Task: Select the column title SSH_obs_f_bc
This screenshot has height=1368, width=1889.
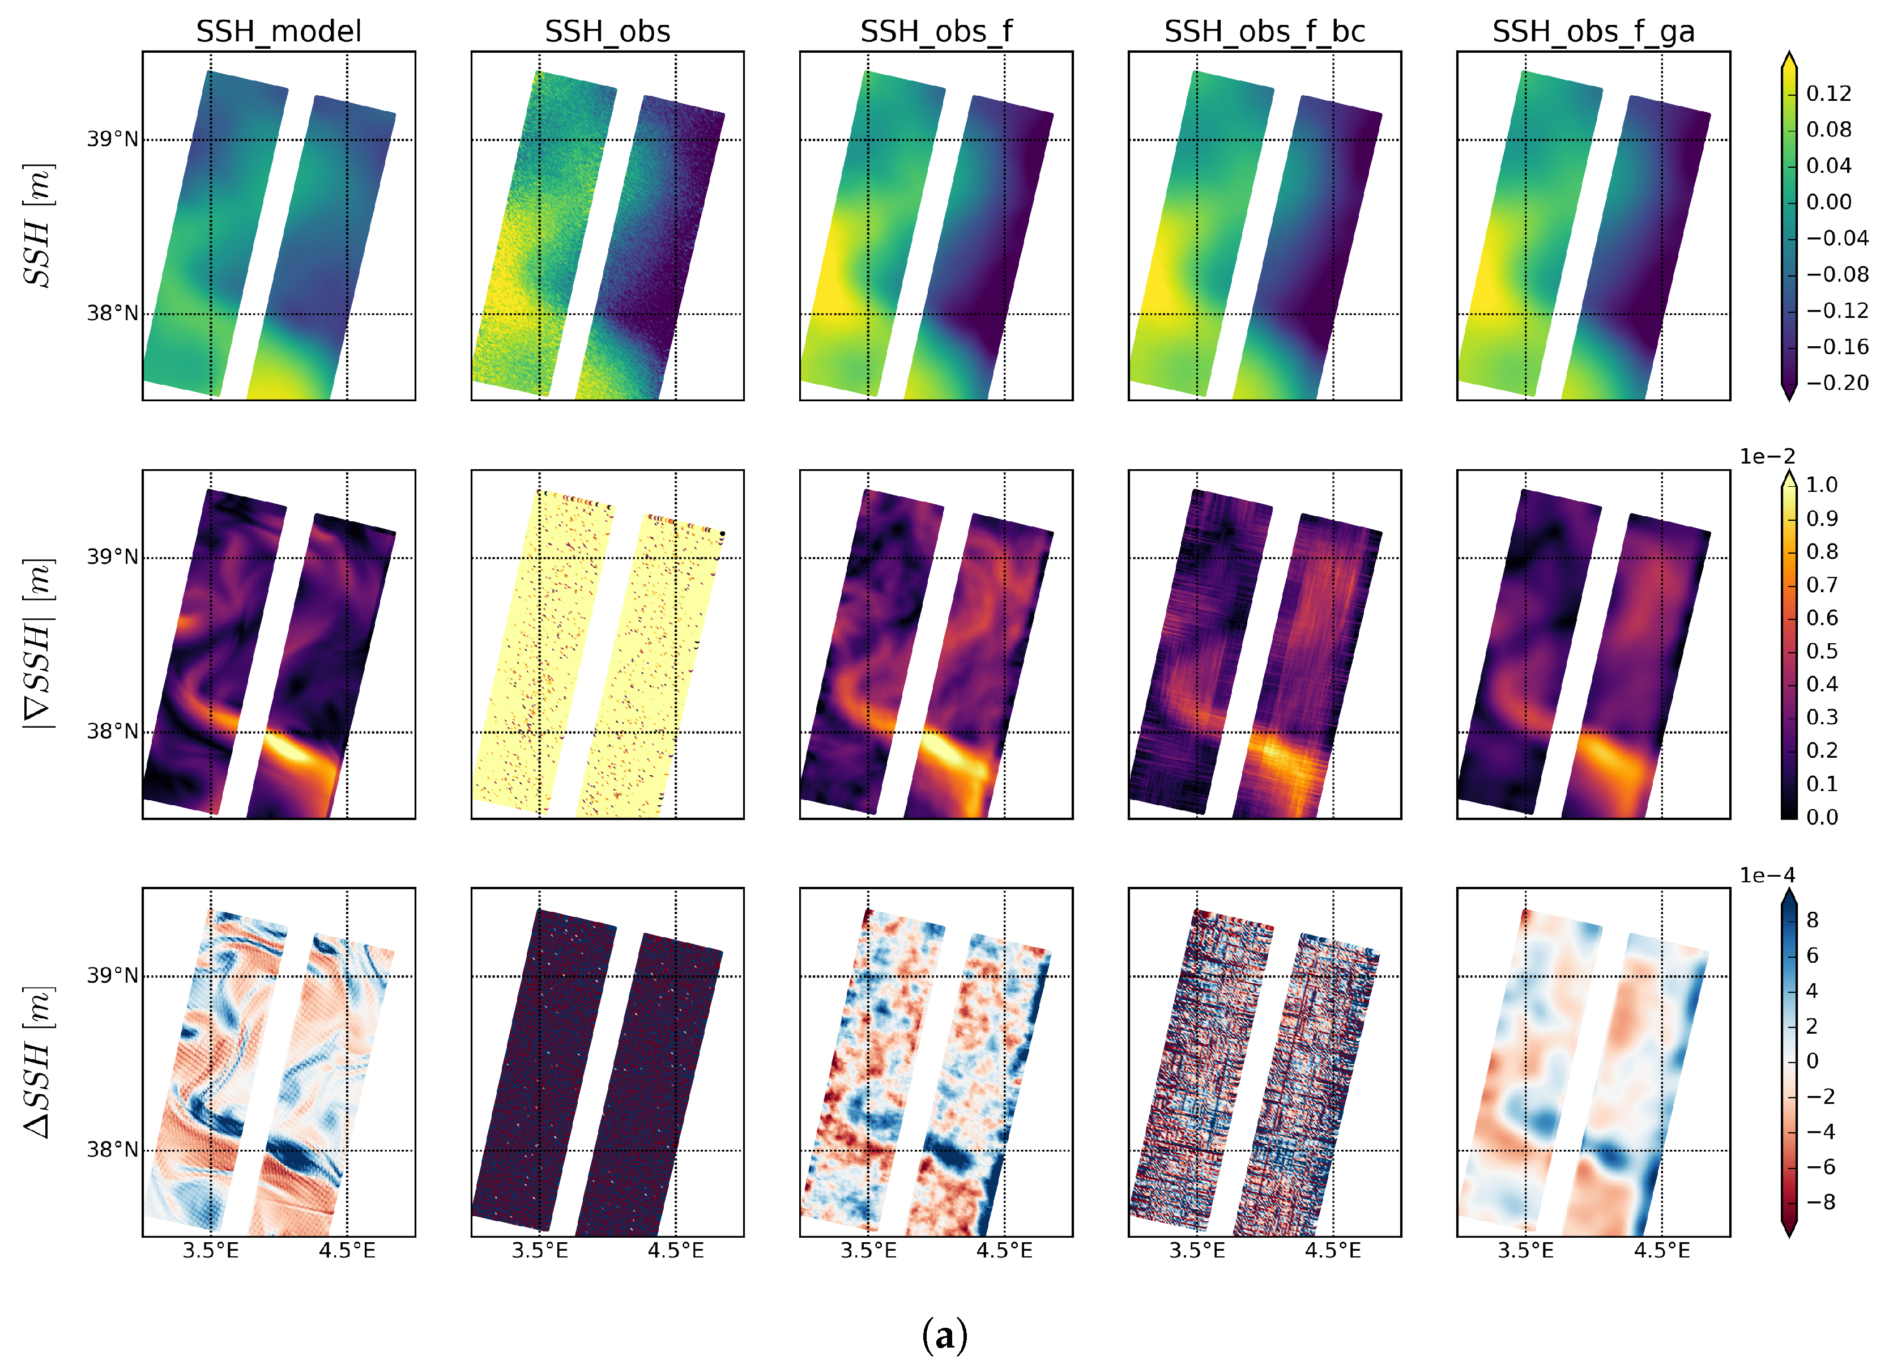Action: pos(1264,32)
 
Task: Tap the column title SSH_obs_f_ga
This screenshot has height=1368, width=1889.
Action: pos(1593,32)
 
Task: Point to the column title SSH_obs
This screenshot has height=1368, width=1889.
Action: pos(607,32)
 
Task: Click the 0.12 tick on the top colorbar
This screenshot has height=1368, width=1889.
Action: pos(1828,94)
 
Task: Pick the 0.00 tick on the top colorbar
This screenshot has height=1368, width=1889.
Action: pos(1828,202)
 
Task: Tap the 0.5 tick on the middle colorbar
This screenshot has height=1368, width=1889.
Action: pos(1822,651)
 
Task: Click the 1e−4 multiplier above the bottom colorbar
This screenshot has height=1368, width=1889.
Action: pos(1767,875)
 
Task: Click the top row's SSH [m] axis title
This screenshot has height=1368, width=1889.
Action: pos(37,226)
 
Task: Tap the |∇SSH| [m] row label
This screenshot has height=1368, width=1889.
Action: pos(37,643)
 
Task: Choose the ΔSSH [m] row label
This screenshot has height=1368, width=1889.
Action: pos(37,1062)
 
